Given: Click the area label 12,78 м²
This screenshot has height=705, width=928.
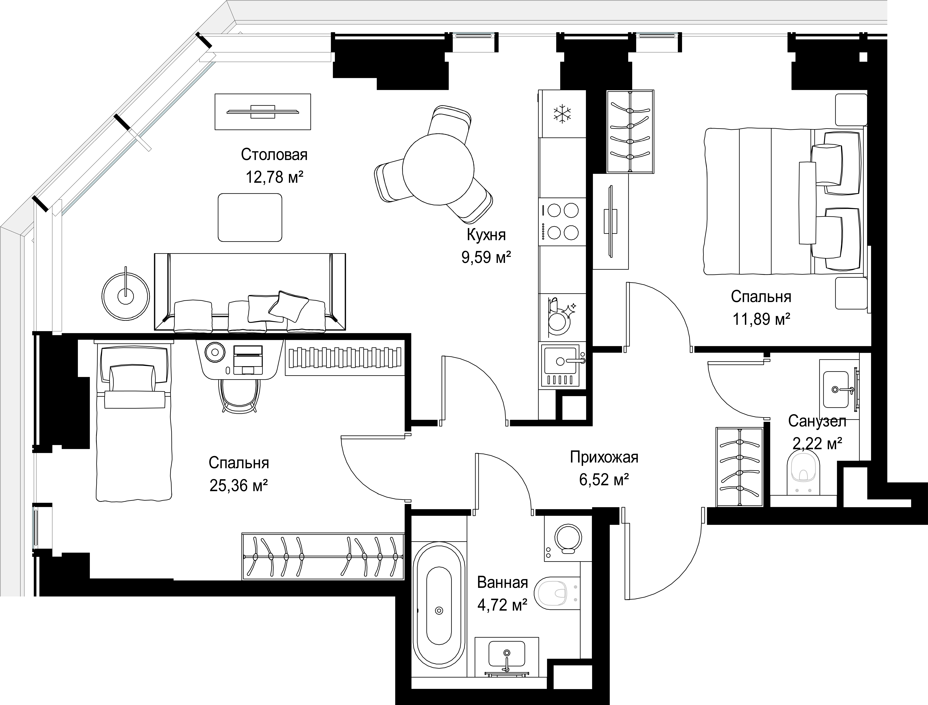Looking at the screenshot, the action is point(274,177).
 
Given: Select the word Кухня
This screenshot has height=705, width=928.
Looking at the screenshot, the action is point(486,235).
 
